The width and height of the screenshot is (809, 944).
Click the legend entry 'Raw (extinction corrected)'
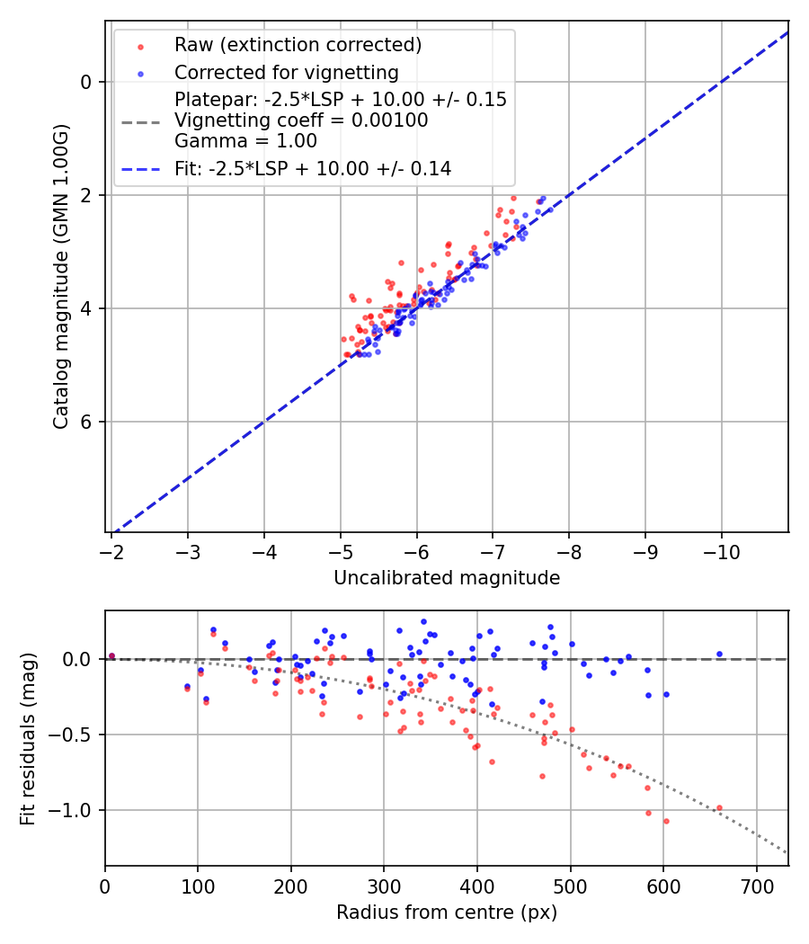(x=298, y=45)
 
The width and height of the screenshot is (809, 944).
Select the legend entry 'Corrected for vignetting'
(x=286, y=72)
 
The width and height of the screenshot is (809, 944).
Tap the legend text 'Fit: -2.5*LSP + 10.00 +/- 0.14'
(x=313, y=168)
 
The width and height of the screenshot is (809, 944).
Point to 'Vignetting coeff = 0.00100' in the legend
(x=301, y=120)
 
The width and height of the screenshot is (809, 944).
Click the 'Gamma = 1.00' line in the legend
(x=245, y=141)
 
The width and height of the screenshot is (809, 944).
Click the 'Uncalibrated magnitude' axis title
(x=447, y=578)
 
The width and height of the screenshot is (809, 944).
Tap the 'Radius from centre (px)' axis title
(x=447, y=913)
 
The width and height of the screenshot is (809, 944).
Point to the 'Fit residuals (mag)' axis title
(x=28, y=738)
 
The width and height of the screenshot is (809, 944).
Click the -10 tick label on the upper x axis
(x=721, y=550)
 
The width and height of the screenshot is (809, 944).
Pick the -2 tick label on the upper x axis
(x=111, y=550)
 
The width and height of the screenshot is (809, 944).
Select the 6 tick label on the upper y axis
(x=86, y=422)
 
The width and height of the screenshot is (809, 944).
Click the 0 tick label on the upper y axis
(x=86, y=82)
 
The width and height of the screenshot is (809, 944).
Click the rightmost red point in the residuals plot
(x=719, y=807)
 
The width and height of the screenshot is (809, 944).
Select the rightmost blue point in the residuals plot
(x=719, y=654)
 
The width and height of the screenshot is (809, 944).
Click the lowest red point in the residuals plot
(x=666, y=821)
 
